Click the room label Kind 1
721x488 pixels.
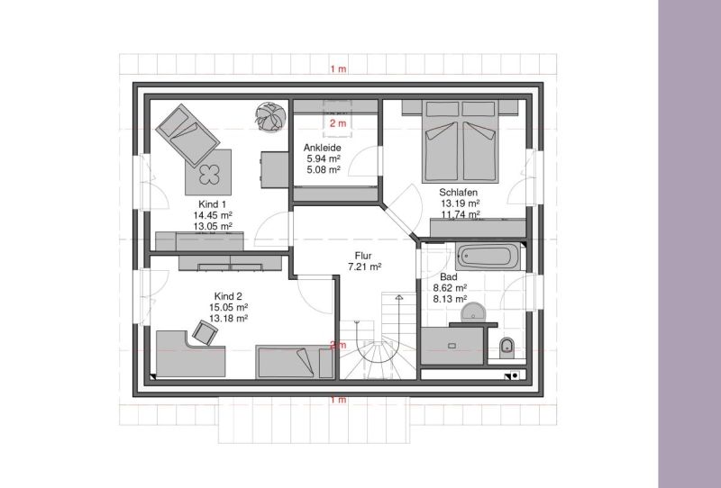click(x=212, y=204)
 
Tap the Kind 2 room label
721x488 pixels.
click(x=228, y=296)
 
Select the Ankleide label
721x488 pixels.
click(x=323, y=148)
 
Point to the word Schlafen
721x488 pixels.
click(x=459, y=193)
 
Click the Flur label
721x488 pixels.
click(x=363, y=256)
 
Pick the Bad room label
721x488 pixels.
click(x=449, y=277)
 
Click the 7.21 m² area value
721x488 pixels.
click(x=365, y=267)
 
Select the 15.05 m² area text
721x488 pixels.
click(x=229, y=307)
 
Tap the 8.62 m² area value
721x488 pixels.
click(x=450, y=288)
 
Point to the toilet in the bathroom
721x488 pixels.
click(x=507, y=347)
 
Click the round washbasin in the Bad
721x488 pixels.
click(x=473, y=312)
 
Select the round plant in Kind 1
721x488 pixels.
click(x=271, y=117)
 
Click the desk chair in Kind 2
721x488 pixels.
click(x=205, y=332)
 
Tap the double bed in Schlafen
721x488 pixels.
click(x=461, y=140)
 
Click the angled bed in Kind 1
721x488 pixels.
click(x=187, y=135)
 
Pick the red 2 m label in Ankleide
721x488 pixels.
click(x=338, y=123)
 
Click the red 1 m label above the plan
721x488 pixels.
click(x=338, y=69)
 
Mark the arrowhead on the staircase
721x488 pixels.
click(x=399, y=297)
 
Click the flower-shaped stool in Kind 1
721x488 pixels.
click(x=210, y=174)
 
